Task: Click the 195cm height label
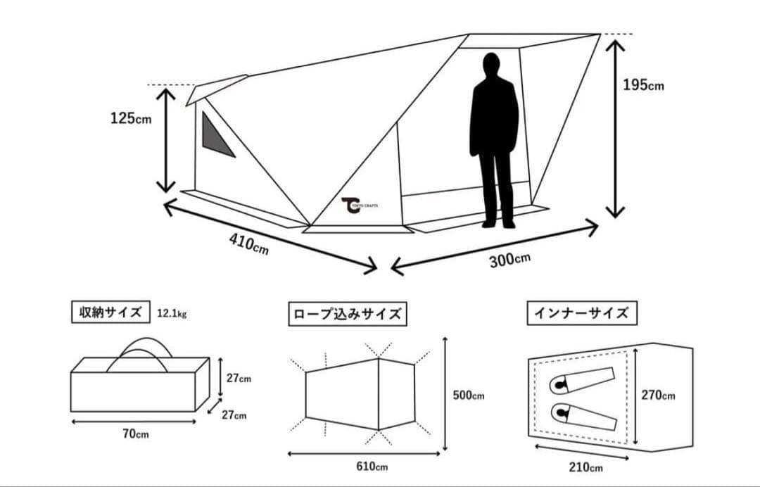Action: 643,85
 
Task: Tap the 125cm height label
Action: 130,118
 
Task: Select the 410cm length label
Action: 248,243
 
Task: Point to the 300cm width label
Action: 509,259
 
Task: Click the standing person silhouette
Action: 495,141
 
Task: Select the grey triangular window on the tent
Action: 215,137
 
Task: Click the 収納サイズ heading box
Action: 110,312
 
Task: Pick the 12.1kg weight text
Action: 172,313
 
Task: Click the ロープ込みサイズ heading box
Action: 347,314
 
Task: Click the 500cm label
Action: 469,396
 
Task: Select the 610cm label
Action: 372,466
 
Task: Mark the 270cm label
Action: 658,396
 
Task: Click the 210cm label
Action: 585,467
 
